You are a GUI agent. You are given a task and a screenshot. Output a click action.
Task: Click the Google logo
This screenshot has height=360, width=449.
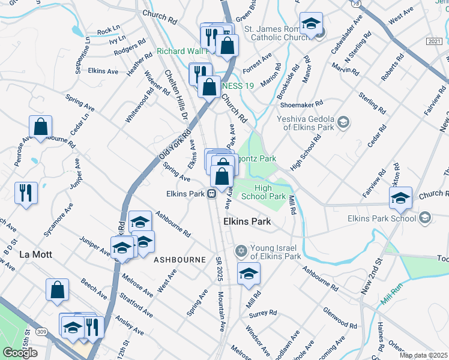tap(20, 353)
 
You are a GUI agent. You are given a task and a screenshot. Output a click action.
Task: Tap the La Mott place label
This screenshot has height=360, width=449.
tap(35, 254)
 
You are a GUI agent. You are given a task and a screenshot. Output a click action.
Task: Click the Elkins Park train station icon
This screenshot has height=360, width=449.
tap(212, 193)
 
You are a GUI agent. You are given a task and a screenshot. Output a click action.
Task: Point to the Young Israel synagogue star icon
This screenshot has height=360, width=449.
tap(241, 250)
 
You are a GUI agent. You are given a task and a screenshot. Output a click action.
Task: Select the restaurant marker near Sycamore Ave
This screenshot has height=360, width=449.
tap(26, 193)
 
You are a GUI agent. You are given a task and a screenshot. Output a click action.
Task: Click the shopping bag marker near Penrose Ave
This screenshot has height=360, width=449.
tap(40, 127)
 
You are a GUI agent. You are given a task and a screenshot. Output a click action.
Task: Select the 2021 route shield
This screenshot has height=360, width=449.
tap(435, 40)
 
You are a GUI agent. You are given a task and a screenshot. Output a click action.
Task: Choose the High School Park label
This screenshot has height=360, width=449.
tap(263, 192)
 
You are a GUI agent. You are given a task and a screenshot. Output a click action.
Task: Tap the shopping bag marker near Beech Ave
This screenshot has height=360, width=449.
tap(57, 290)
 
